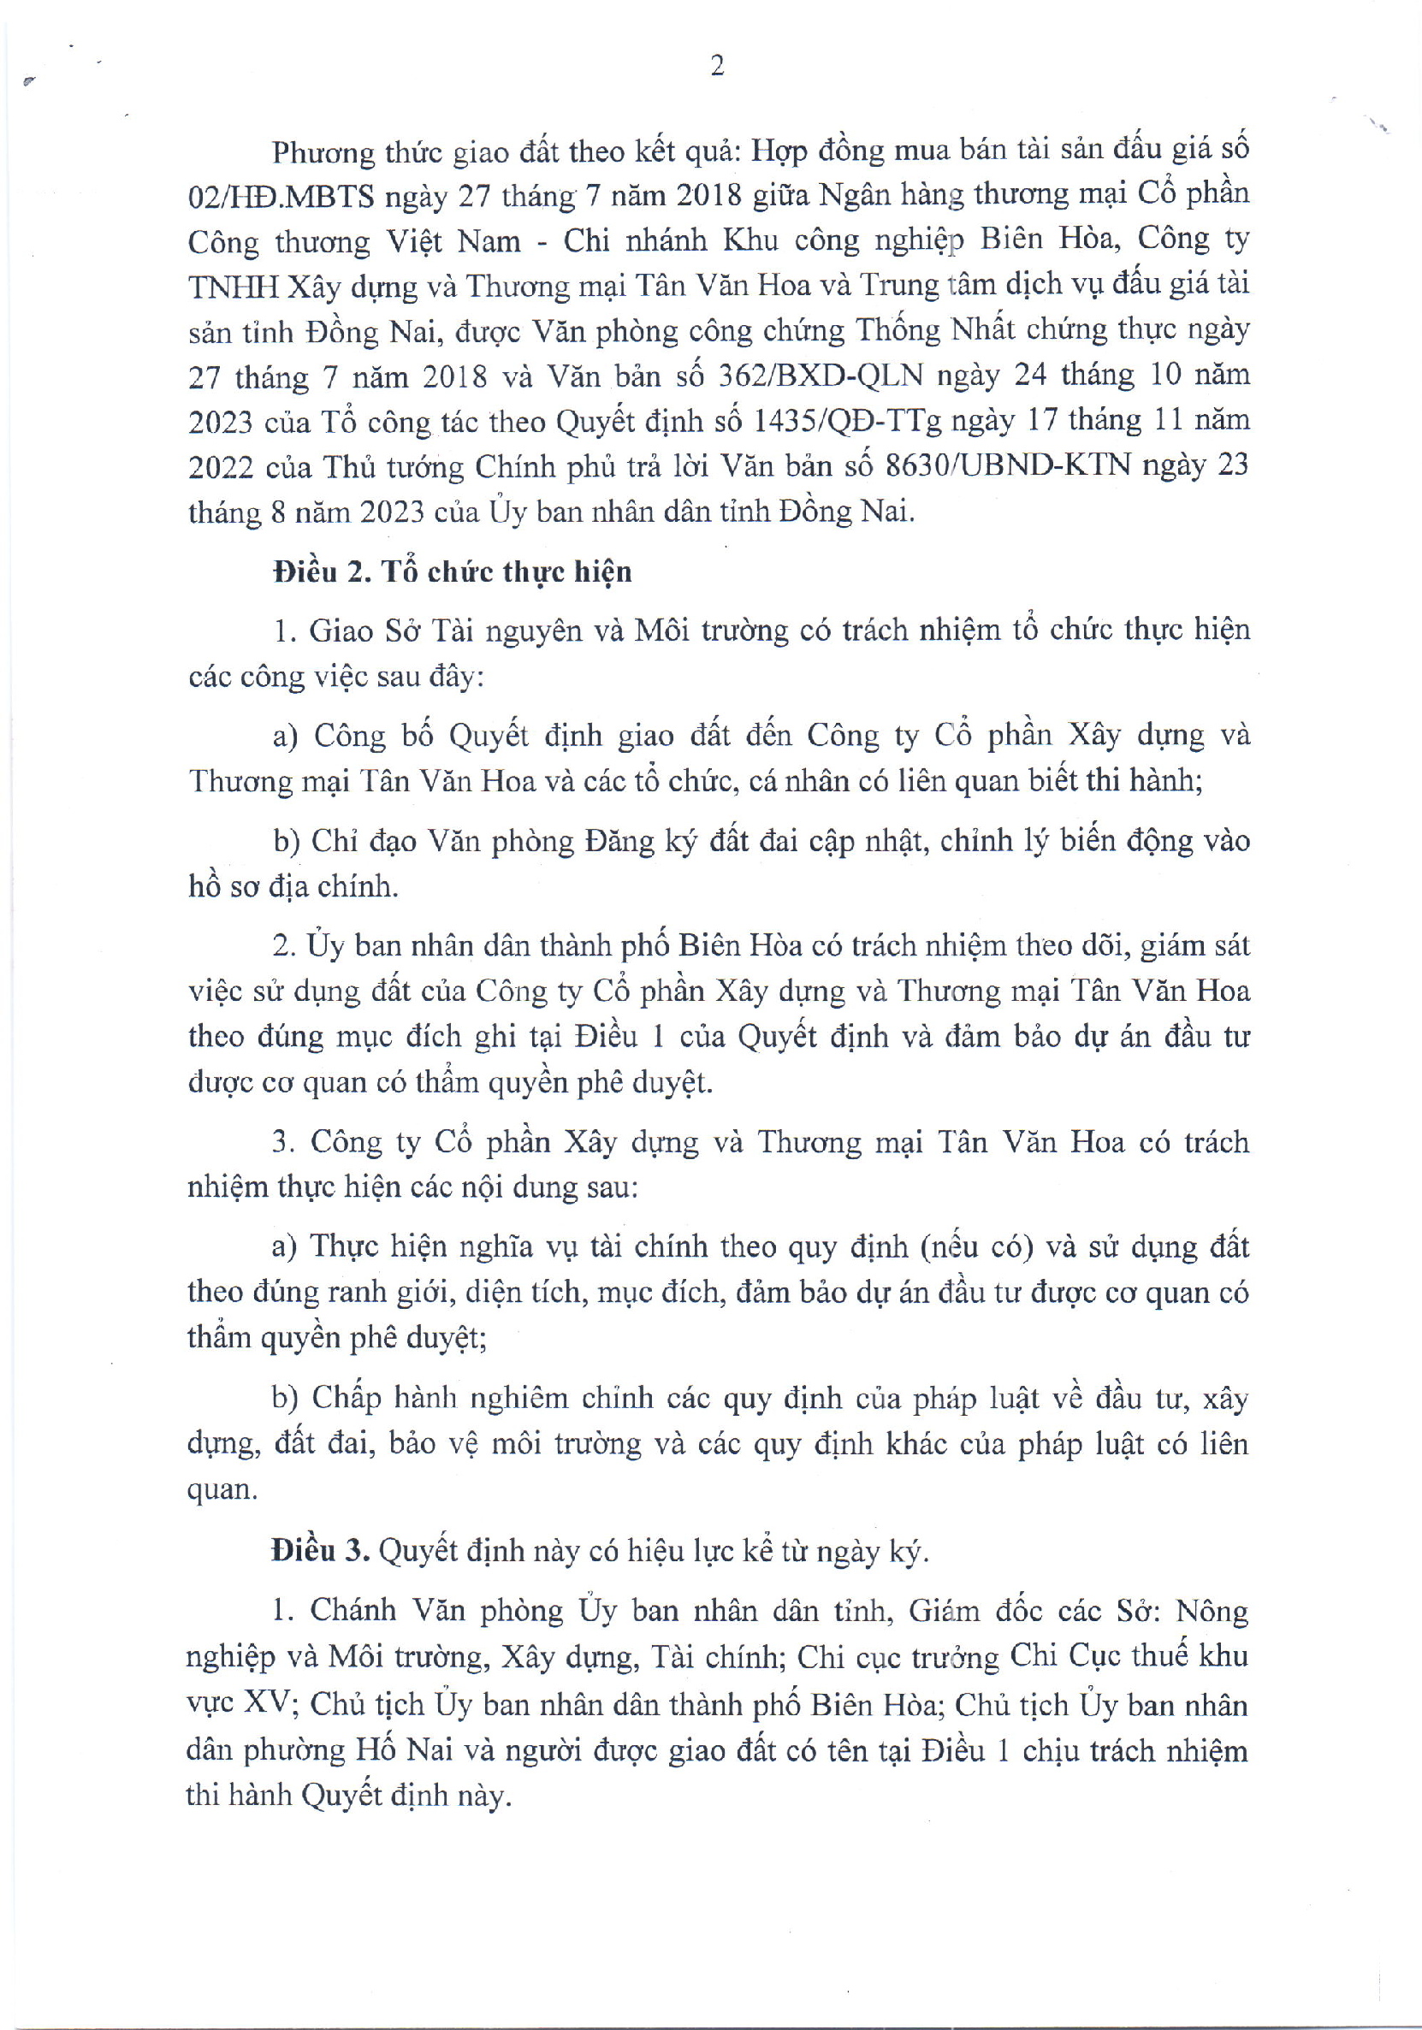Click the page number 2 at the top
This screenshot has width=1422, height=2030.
click(x=717, y=65)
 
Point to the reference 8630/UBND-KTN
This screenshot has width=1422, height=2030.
click(x=1007, y=466)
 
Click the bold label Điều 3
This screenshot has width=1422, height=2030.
click(x=320, y=1551)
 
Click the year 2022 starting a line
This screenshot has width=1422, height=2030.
click(x=221, y=468)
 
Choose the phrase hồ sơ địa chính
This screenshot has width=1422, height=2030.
click(x=293, y=886)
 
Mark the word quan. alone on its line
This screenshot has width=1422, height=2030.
click(x=222, y=1490)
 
